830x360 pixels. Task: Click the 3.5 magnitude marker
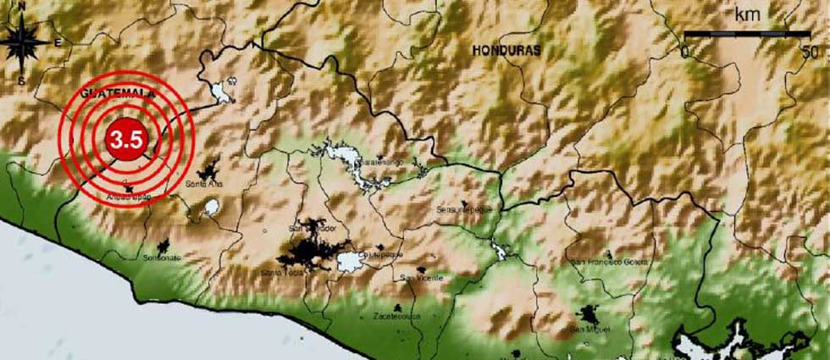coord(125,140)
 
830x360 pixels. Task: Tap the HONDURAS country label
coord(506,50)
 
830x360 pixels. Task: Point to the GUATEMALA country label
coord(118,93)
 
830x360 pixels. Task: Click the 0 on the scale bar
coord(686,51)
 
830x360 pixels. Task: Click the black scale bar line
coord(746,35)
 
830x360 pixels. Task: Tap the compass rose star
coord(25,42)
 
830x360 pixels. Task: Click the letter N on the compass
coord(23,8)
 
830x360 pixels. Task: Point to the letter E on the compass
coord(58,42)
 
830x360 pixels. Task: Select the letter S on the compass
coord(21,80)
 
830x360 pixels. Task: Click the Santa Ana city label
coord(202,183)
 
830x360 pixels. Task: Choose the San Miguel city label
coord(589,328)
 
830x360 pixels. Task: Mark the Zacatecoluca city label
coord(396,315)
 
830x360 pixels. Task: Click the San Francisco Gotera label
coord(610,263)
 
